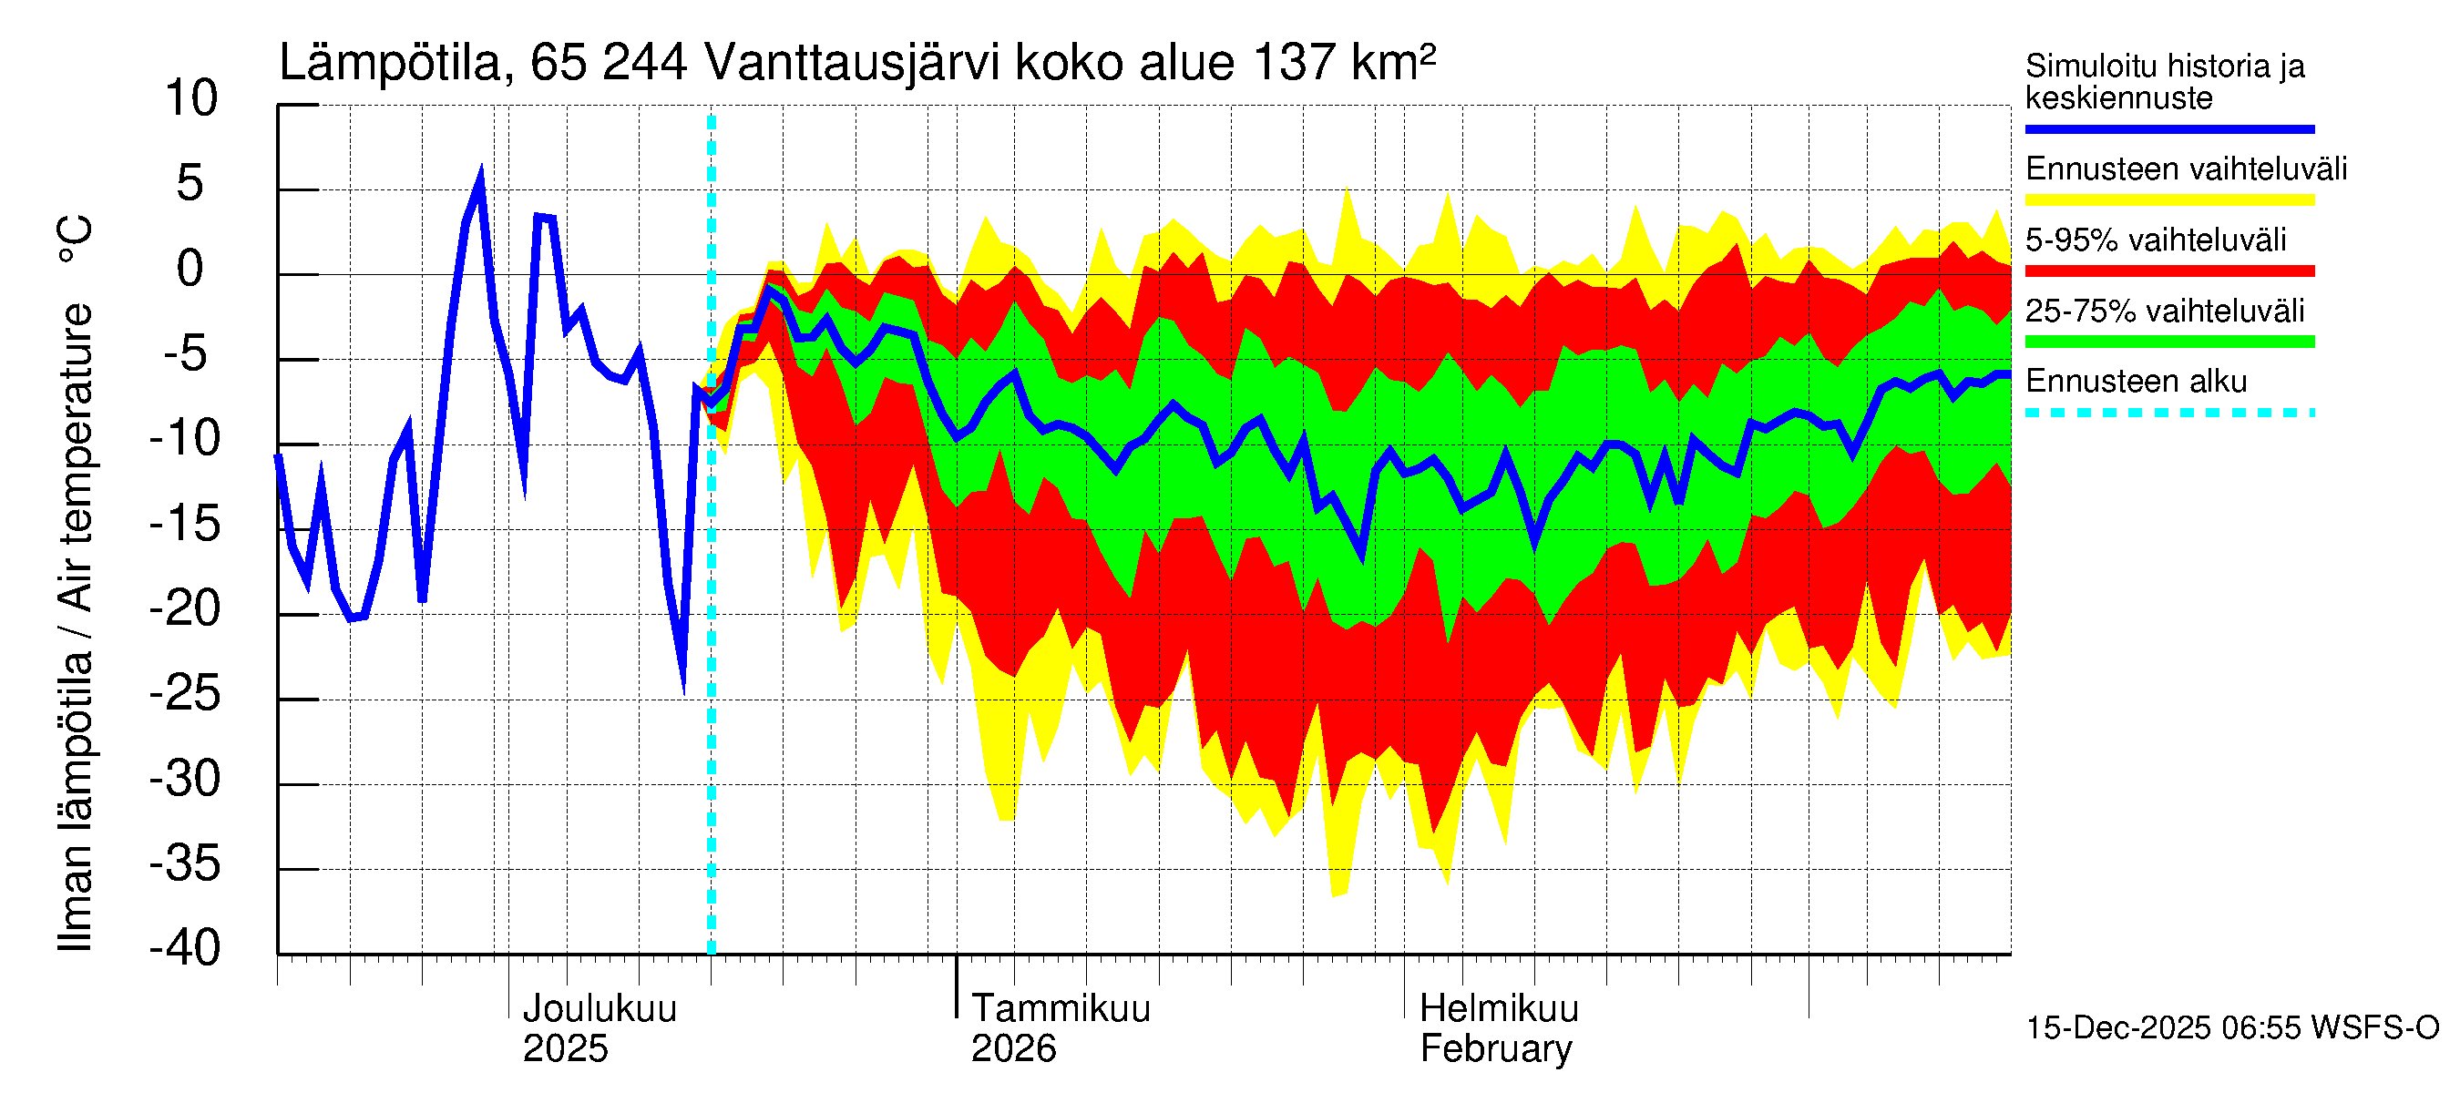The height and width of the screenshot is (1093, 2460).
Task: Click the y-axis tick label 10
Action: coord(191,99)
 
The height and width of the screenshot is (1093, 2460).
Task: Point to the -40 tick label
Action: coord(185,949)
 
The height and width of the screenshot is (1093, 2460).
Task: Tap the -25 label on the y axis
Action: coord(185,694)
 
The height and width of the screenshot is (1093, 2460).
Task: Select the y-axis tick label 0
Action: coord(190,270)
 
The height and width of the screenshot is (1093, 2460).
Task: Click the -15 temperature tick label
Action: coord(185,524)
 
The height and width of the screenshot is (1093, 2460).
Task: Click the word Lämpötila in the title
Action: coord(390,64)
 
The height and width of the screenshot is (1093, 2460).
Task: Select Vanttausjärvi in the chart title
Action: coord(852,64)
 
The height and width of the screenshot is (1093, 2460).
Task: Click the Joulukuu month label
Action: coord(600,1009)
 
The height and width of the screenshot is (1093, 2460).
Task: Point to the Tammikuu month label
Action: coord(1061,1009)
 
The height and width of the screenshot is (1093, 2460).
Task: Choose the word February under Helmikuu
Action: coord(1495,1049)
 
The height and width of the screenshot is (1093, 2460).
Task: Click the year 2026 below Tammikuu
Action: coord(1013,1049)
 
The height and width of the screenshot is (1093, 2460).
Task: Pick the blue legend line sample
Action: coord(2168,128)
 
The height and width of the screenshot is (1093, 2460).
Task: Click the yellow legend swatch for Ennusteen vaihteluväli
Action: coord(2168,199)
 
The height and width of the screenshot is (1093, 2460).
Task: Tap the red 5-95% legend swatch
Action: coord(2168,271)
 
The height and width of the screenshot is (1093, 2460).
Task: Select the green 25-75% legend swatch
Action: coord(2168,342)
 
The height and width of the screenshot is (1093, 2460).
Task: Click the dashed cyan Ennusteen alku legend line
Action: coord(2168,413)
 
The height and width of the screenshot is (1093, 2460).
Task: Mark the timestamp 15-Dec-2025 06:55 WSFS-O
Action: coord(2231,1028)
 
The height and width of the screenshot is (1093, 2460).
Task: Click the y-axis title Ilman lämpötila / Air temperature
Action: coord(76,582)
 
